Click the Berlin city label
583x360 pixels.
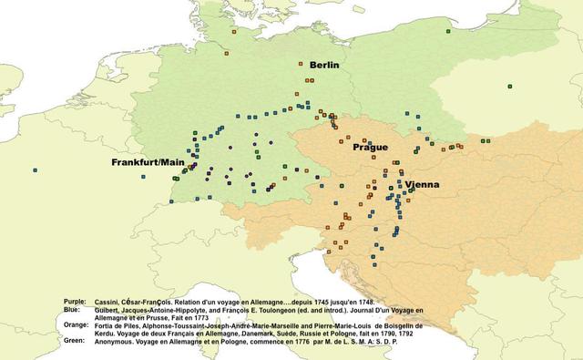(325, 65)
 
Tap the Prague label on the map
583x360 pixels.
(370, 147)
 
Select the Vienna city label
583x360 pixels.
(422, 184)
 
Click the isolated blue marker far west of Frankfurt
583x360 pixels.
(35, 170)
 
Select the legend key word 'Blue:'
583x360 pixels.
(72, 308)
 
